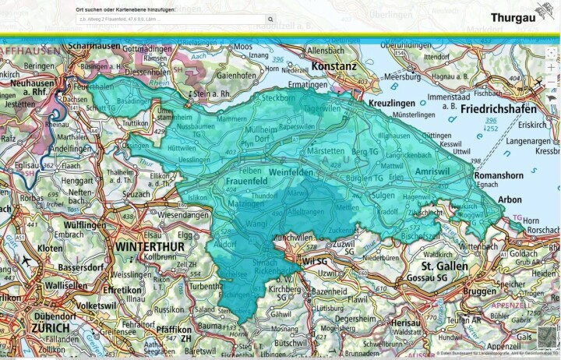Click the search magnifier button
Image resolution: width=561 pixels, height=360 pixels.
(x=270, y=19)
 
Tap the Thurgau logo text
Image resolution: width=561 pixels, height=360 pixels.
(x=522, y=17)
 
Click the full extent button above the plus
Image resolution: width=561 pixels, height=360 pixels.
(x=552, y=52)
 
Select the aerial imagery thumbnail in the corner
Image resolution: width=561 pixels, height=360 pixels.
(x=548, y=339)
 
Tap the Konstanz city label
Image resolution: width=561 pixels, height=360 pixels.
(x=334, y=66)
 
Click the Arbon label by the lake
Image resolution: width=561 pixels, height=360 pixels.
(x=510, y=199)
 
